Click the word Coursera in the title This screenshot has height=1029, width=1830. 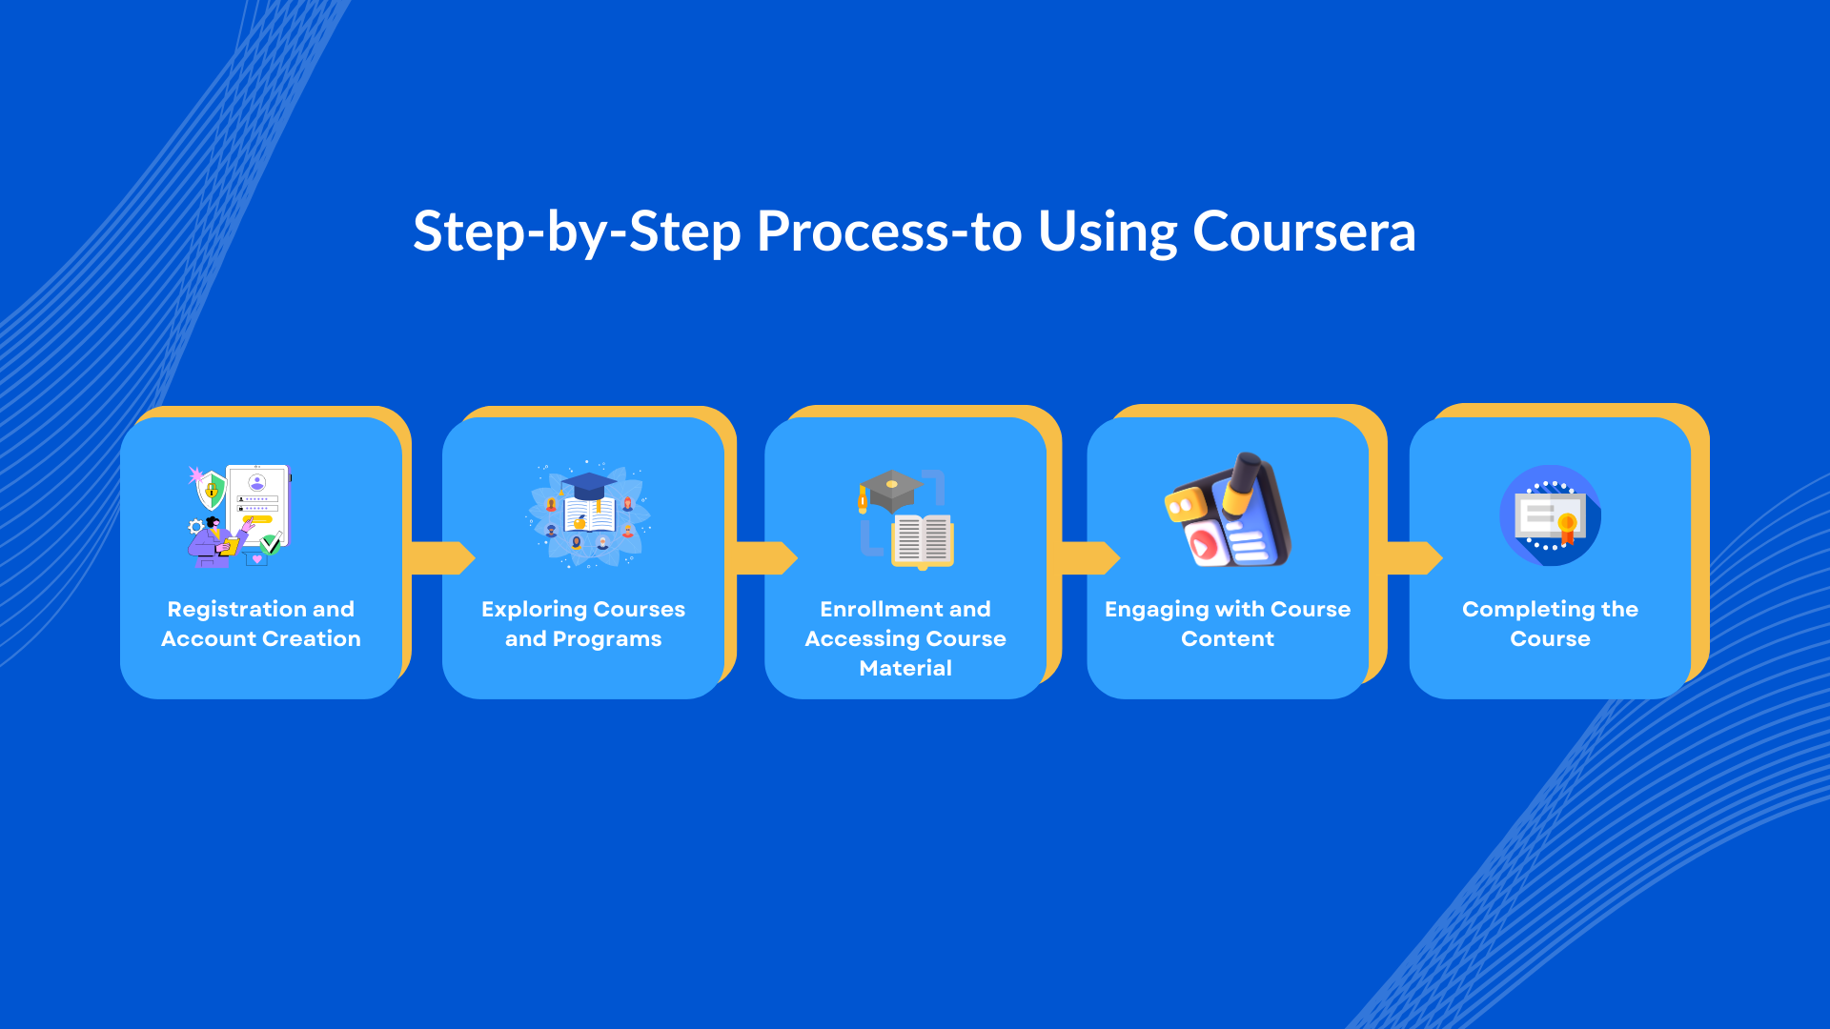click(1304, 232)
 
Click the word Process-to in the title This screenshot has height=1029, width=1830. click(888, 232)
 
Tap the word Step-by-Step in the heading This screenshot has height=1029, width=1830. click(577, 232)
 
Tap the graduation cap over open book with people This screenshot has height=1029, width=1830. click(590, 515)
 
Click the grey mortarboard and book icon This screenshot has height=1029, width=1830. click(906, 519)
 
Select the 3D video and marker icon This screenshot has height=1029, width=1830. click(1229, 512)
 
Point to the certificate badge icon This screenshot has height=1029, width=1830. click(1550, 515)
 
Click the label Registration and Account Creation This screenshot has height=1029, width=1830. click(261, 624)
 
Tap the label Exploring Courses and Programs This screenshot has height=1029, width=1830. click(583, 624)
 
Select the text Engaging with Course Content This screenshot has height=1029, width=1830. click(1228, 624)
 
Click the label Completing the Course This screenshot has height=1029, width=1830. click(1550, 624)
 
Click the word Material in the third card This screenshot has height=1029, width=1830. click(905, 669)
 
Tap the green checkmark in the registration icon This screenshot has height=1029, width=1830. click(271, 545)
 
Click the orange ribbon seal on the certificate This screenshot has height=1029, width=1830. click(1567, 527)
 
